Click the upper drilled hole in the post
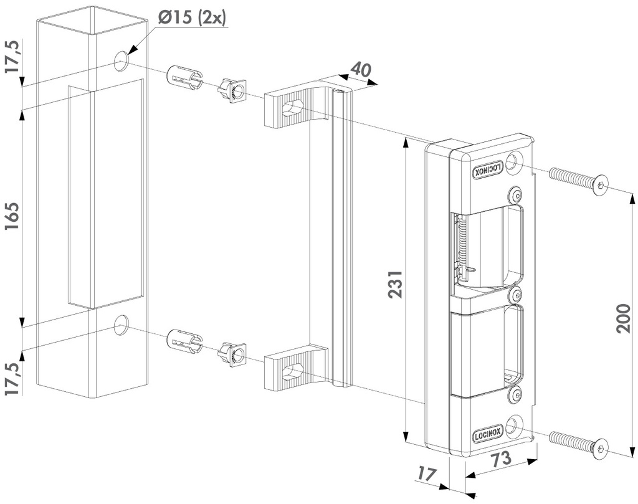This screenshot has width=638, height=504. coord(121,60)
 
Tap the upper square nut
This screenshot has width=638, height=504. coord(232,92)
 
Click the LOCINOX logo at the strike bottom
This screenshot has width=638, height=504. coord(488,434)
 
